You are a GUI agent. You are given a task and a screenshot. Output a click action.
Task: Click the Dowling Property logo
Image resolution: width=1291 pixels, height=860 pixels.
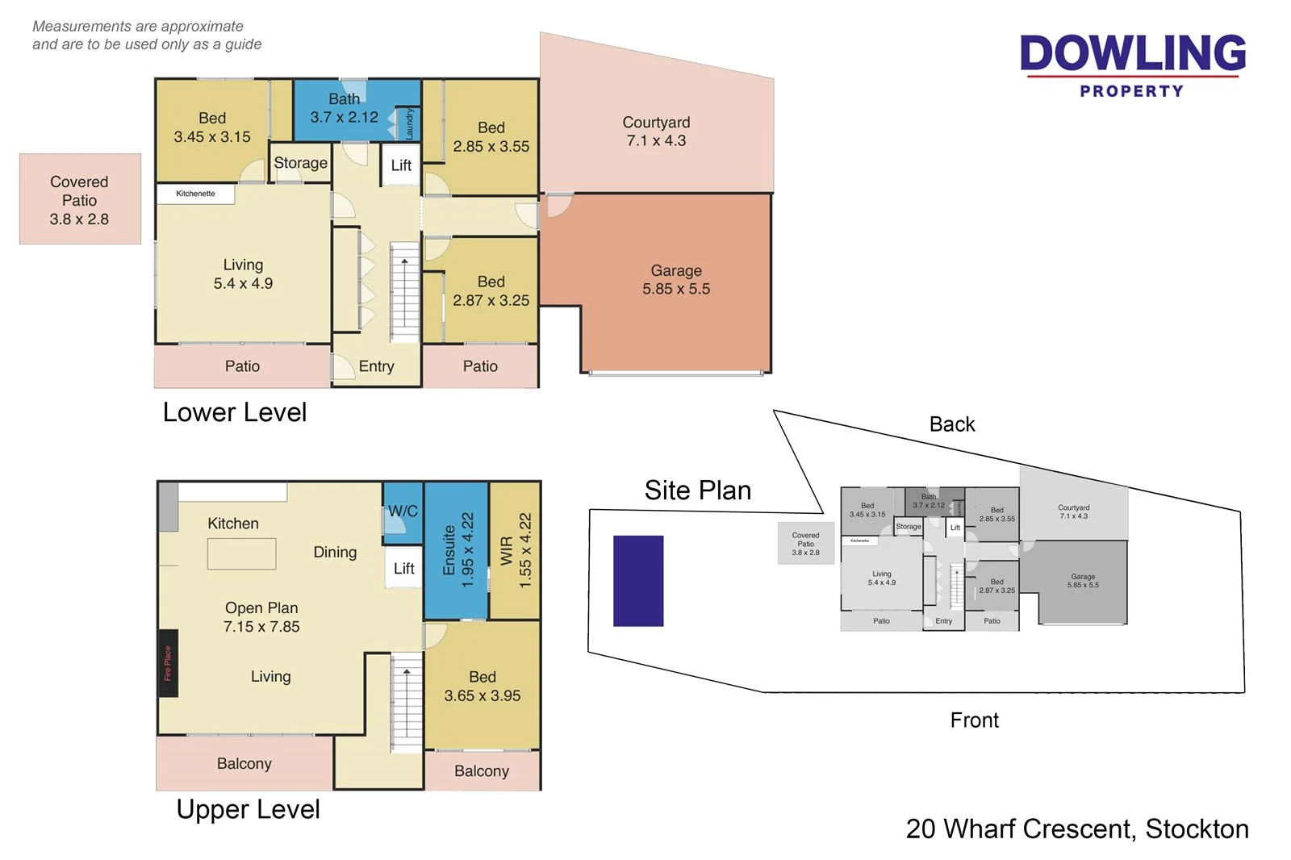(x=1132, y=65)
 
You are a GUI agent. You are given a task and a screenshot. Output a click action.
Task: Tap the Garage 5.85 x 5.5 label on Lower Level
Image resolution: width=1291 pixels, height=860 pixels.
(x=676, y=280)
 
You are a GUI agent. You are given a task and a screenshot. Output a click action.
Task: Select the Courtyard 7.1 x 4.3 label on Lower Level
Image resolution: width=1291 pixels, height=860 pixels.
(x=656, y=132)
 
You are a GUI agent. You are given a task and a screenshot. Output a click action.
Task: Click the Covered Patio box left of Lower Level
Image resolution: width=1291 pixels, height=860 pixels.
(x=80, y=199)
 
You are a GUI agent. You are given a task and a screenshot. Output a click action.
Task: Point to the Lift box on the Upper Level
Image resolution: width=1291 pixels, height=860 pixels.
(x=403, y=569)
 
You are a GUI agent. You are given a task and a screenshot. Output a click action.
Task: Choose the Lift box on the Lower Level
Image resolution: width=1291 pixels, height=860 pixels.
(x=401, y=165)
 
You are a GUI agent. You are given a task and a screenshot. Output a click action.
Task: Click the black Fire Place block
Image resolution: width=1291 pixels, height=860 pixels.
(x=168, y=663)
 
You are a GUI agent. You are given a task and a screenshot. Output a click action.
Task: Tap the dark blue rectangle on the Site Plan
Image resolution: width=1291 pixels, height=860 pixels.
(x=638, y=581)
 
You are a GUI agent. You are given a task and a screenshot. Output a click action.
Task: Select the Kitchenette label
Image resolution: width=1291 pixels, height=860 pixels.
(x=195, y=194)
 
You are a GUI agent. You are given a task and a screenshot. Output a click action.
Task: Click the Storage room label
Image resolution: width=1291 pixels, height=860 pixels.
(x=300, y=163)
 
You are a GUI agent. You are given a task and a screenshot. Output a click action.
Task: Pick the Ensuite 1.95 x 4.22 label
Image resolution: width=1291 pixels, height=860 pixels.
(x=457, y=549)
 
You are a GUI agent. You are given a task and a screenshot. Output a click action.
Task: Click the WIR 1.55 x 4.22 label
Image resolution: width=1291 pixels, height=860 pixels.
(x=516, y=549)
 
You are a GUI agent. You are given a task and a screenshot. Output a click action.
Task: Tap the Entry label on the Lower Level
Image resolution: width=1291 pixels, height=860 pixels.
(x=376, y=366)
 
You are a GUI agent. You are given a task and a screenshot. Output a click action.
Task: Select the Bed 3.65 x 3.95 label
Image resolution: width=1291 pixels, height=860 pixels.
(x=483, y=687)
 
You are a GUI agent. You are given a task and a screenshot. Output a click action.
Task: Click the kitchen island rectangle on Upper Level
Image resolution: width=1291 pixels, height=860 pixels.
(x=241, y=554)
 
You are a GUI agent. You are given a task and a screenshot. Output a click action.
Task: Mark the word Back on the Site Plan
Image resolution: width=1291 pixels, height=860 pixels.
(x=952, y=424)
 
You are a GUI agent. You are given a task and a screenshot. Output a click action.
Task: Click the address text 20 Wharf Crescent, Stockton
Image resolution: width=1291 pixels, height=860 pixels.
(x=1077, y=829)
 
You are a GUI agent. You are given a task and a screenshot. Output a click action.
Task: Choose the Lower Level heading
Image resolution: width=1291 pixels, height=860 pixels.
(x=235, y=412)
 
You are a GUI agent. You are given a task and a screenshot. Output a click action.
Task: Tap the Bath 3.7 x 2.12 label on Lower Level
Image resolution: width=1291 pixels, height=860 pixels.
(x=345, y=108)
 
